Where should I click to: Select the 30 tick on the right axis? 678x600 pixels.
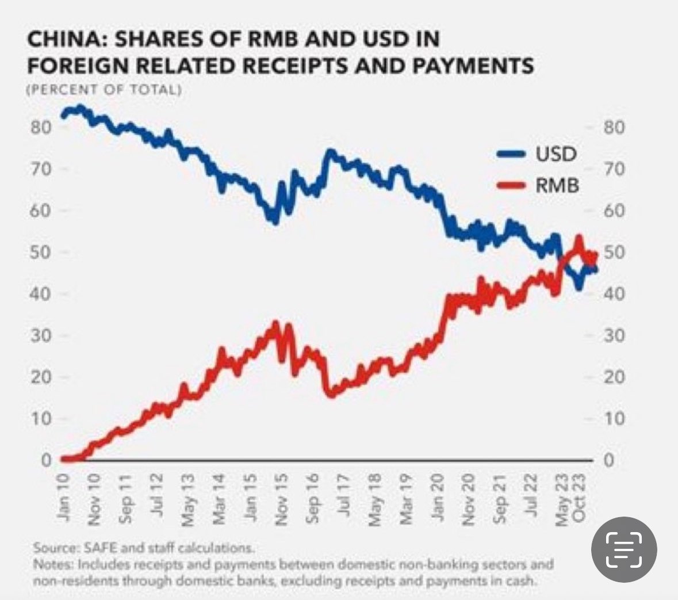[x=614, y=335]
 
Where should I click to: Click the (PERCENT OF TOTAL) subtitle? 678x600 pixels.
[x=104, y=90]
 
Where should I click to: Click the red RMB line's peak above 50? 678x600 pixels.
[x=579, y=237]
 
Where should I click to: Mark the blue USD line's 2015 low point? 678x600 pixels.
[x=275, y=221]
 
